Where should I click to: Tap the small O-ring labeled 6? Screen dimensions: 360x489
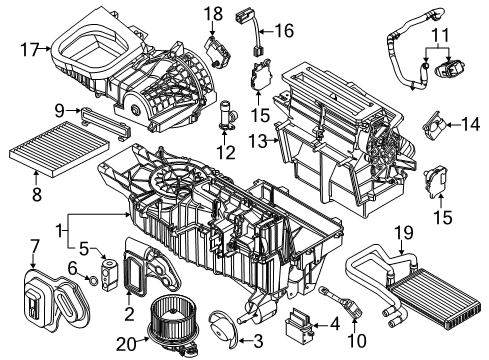point(92,282)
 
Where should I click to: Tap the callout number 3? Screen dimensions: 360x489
point(257,342)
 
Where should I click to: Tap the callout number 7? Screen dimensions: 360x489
point(34,244)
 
